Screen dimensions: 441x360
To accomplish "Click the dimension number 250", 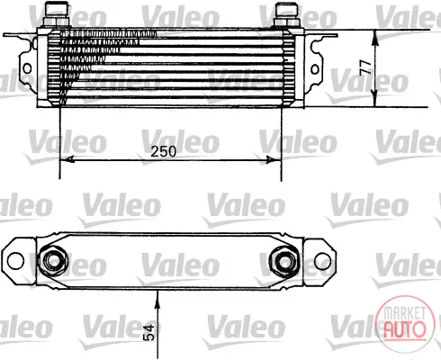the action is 163,151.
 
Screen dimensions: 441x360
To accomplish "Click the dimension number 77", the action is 365,67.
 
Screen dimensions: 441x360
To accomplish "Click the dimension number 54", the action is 149,332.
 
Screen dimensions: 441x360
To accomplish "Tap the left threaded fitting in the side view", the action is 57,14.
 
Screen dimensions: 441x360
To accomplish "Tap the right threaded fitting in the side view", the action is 286,15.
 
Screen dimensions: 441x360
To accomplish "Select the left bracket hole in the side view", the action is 27,68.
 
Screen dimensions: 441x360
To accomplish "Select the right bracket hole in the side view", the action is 315,69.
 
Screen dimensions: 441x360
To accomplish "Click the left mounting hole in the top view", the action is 15,261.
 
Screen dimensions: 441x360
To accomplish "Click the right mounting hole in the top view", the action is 322,261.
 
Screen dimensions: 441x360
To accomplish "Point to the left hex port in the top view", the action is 53,261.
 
